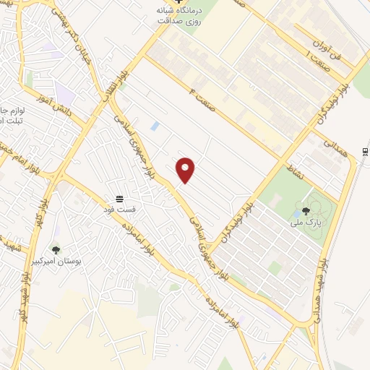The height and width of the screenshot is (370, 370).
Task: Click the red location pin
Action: pyautogui.click(x=186, y=169)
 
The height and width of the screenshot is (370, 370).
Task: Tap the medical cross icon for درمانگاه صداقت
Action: pyautogui.click(x=180, y=4)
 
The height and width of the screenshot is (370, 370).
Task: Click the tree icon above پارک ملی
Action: pyautogui.click(x=306, y=211)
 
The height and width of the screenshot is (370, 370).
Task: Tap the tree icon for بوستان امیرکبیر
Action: pyautogui.click(x=56, y=250)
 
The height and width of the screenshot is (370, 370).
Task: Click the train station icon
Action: pyautogui.click(x=366, y=150)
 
